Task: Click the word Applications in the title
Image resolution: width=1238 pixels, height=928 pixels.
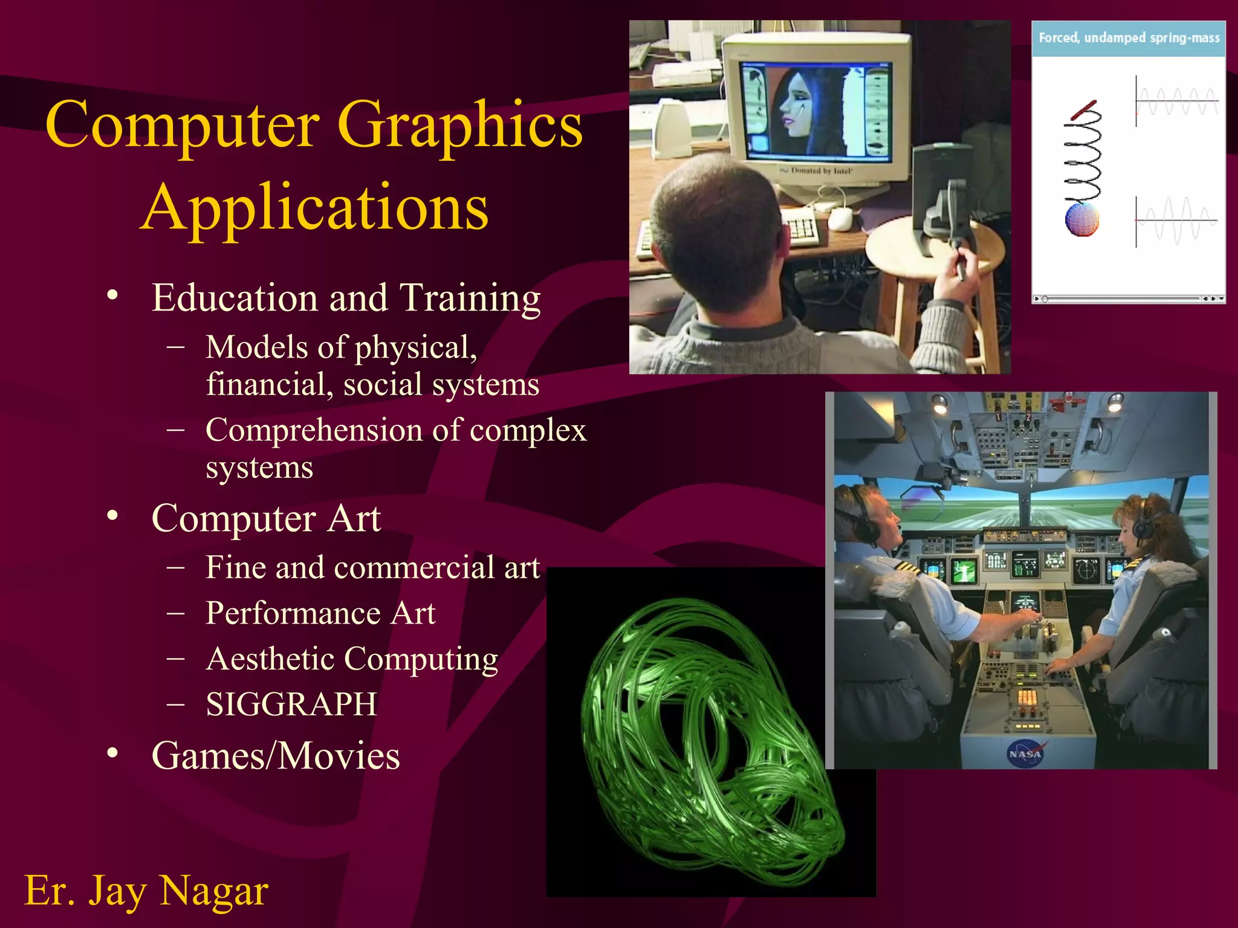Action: coord(314,207)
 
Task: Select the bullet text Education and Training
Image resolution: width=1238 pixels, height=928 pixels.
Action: coord(346,298)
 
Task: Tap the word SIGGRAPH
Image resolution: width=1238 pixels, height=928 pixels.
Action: coord(291,704)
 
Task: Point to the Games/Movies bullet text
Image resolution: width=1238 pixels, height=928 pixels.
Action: coord(276,756)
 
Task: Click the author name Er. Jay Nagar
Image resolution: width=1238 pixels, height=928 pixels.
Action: coord(146,891)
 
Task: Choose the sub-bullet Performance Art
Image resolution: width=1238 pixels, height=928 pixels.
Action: coord(320,613)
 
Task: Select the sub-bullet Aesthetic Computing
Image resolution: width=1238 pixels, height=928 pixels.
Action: coord(352,659)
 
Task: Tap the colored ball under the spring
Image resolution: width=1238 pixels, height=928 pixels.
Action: coord(1081,219)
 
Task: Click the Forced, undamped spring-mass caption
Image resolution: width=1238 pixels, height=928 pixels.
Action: coord(1129,38)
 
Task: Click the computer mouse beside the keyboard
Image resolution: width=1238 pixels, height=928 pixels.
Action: coord(840,219)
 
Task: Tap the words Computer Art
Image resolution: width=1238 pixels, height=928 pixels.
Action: coord(266,518)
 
